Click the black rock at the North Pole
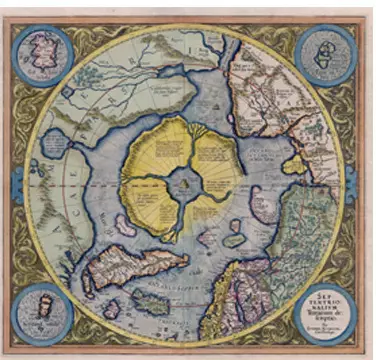(186, 183)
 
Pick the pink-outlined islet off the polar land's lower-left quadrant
(125, 226)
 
